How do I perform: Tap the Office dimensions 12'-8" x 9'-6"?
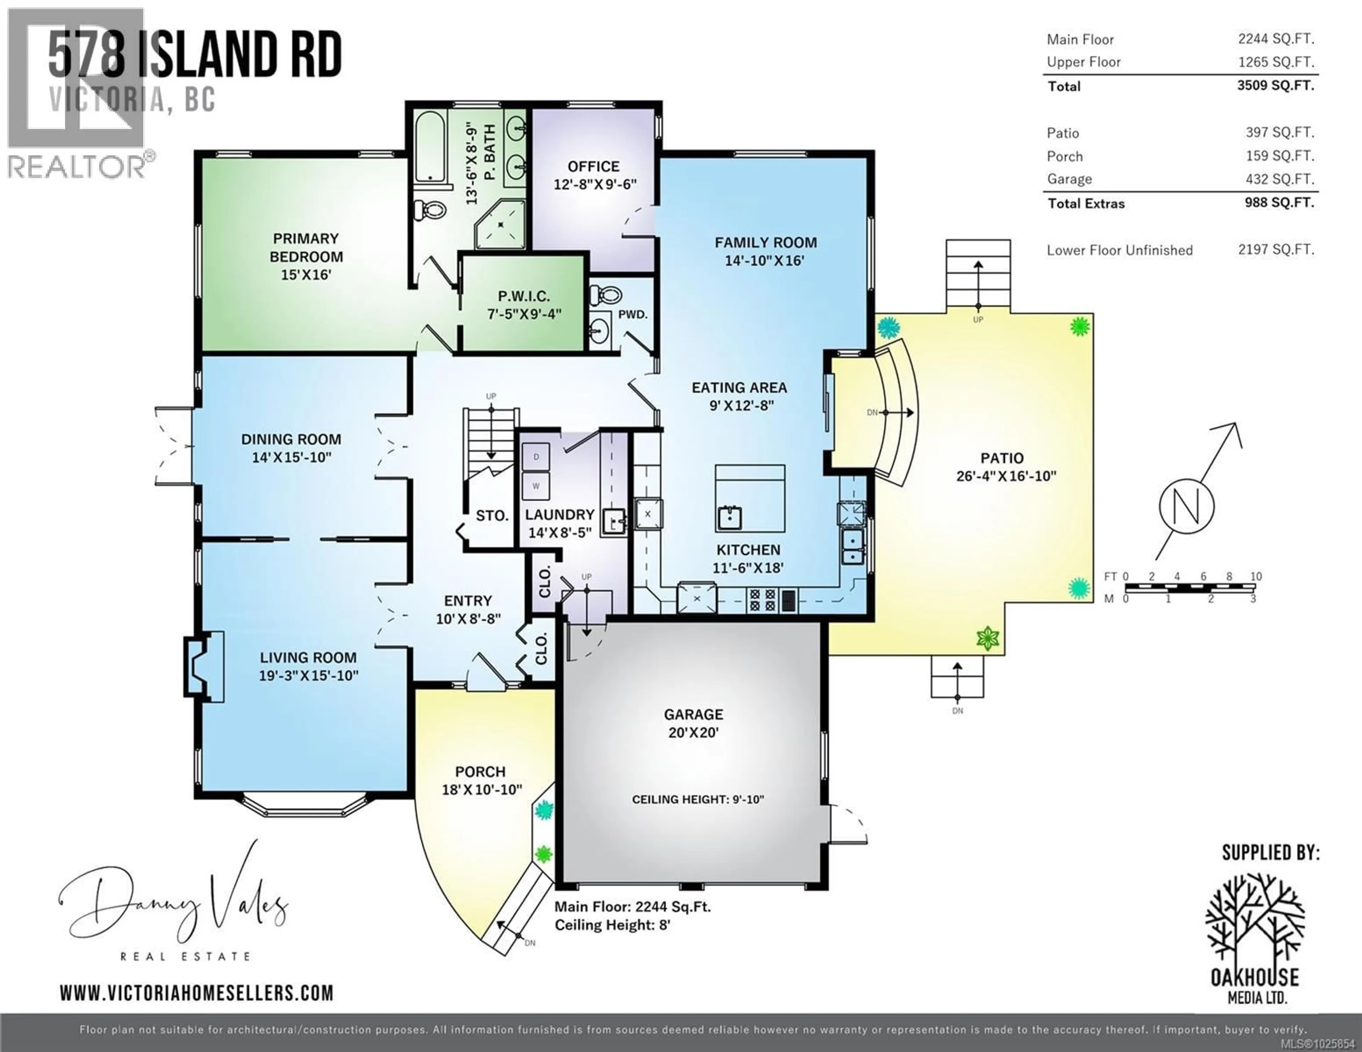pyautogui.click(x=594, y=185)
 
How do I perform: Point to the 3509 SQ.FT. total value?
pyautogui.click(x=1275, y=85)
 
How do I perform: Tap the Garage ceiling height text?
pyautogui.click(x=697, y=800)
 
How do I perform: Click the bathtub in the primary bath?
pyautogui.click(x=430, y=146)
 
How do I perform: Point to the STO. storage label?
pyautogui.click(x=492, y=516)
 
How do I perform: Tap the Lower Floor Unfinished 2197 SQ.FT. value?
pyautogui.click(x=1276, y=250)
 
